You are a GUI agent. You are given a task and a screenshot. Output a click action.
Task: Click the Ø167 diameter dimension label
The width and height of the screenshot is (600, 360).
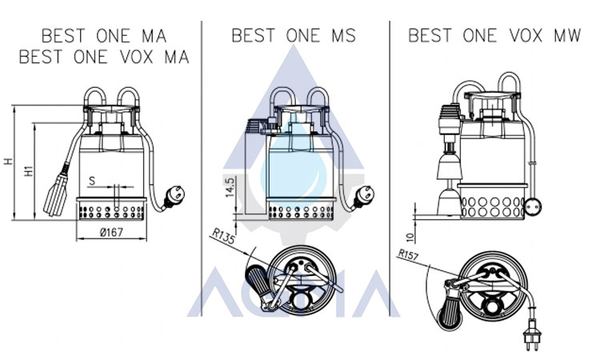pos(111,232)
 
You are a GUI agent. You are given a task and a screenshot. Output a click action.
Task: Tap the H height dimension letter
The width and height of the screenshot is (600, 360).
pos(9,162)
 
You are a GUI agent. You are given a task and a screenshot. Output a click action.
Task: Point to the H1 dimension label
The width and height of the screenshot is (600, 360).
pos(29,170)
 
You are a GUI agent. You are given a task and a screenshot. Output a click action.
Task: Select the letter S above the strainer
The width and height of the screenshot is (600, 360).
pos(92,181)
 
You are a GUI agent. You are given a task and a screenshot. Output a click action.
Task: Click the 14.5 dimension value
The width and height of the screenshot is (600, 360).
pos(230,187)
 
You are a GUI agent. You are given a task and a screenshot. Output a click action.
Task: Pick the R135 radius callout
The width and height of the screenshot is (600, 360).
pos(223,236)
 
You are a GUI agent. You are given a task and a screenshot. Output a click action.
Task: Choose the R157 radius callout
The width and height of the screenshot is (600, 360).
pos(408,254)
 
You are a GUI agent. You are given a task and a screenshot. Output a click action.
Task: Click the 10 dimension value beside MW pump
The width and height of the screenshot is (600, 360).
pos(410,237)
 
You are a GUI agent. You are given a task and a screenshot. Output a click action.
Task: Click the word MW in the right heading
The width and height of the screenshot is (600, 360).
pos(567,35)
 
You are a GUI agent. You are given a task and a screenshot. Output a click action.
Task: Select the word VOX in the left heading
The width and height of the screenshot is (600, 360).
pos(137,57)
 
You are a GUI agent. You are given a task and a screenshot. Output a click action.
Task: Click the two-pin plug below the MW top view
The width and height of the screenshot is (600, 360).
pos(531,334)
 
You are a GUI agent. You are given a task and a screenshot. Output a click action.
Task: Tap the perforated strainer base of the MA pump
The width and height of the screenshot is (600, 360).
pos(111,211)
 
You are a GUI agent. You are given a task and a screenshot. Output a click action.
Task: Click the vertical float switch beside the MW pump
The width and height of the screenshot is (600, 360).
pos(449,159)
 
